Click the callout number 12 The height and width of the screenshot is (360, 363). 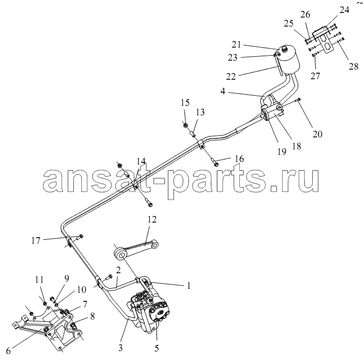tap(152, 220)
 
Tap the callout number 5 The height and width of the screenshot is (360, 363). tap(157, 348)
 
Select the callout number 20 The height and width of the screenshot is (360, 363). tap(317, 134)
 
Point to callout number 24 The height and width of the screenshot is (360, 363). tap(344, 10)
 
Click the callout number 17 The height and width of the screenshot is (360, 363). tap(36, 241)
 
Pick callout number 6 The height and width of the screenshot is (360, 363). tap(9, 351)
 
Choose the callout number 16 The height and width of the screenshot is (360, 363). tap(239, 159)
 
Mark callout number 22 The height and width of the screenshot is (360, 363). tap(231, 76)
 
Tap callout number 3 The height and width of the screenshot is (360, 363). tap(120, 348)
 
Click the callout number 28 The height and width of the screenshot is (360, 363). tap(353, 67)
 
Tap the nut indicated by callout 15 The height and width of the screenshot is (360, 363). tap(186, 125)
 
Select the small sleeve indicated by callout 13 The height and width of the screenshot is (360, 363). tap(192, 133)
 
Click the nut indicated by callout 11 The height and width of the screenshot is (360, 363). tap(45, 303)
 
